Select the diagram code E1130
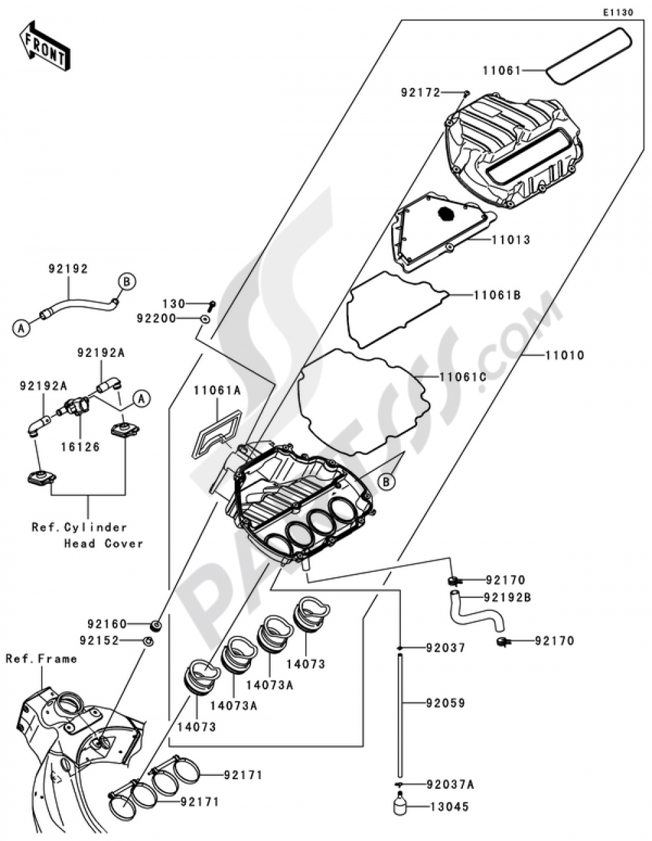[617, 12]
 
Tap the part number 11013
[511, 240]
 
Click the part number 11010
[565, 356]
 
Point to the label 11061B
[497, 295]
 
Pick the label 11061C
[463, 377]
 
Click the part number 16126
[80, 447]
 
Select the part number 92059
[446, 703]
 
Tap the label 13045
[449, 806]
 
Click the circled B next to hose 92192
[127, 281]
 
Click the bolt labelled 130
[211, 304]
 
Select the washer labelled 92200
[204, 319]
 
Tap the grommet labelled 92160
[156, 625]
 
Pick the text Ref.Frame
[41, 659]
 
